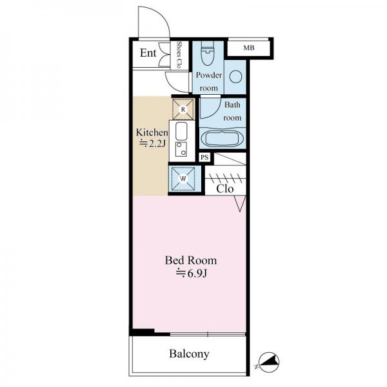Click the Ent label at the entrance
148,53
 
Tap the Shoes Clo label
179,55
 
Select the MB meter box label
249,48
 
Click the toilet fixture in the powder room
208,53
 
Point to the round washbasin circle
235,77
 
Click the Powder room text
209,81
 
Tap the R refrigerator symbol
183,110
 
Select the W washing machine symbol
183,179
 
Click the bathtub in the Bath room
223,139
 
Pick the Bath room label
232,112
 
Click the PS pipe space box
204,157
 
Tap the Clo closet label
225,189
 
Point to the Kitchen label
152,132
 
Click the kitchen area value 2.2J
152,143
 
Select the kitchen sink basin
181,131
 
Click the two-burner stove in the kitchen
181,149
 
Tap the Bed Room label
191,261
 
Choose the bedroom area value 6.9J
191,273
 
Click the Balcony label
189,354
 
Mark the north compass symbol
269,362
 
